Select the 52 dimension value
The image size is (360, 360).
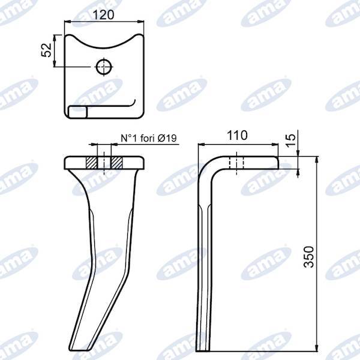(46, 51)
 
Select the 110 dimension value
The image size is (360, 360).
(238, 136)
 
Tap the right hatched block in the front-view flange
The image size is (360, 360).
(116, 163)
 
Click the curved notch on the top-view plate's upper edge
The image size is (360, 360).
(104, 42)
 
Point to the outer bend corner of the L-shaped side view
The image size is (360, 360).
(202, 161)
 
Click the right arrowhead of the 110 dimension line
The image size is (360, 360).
(279, 144)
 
